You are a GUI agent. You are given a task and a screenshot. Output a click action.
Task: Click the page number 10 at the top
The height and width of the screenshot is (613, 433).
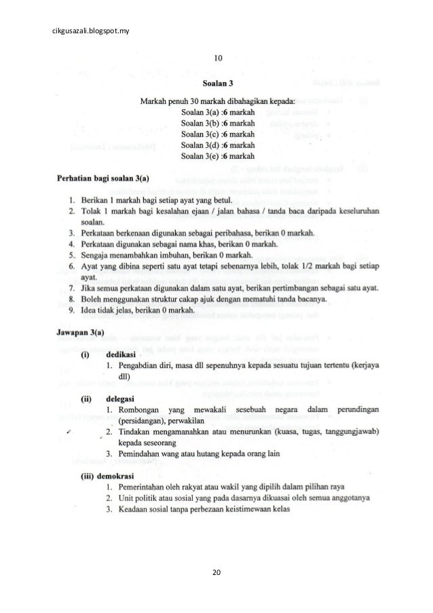(x=217, y=58)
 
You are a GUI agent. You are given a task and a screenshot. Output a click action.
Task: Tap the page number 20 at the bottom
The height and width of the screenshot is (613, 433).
(x=216, y=574)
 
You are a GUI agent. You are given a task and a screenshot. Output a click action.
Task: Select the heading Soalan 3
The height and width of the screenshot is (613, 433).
(x=217, y=84)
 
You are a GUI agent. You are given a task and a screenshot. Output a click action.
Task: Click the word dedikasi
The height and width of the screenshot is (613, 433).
(x=120, y=354)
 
